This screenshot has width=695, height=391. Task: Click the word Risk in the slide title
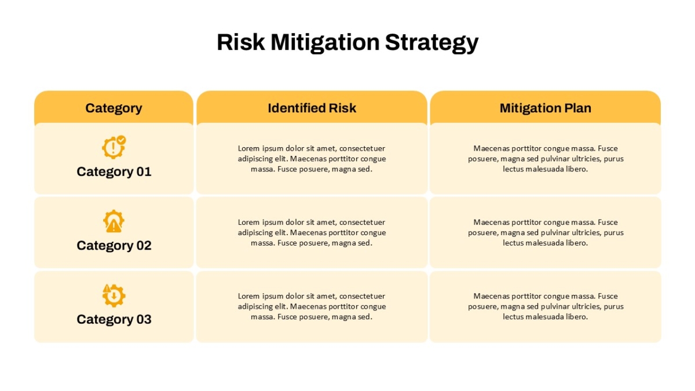pyautogui.click(x=241, y=42)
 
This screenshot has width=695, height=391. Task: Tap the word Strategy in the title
pyautogui.click(x=431, y=43)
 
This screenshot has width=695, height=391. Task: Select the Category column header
pyautogui.click(x=114, y=108)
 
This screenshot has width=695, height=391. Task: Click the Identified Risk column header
pyautogui.click(x=312, y=108)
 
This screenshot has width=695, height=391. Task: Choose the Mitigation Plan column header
pyautogui.click(x=545, y=108)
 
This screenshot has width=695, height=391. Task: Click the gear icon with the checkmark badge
pyautogui.click(x=114, y=147)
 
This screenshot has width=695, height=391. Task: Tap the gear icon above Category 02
pyautogui.click(x=114, y=221)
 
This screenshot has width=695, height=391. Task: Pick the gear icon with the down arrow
pyautogui.click(x=114, y=295)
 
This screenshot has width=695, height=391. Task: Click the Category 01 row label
pyautogui.click(x=114, y=172)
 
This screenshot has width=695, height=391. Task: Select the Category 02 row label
pyautogui.click(x=114, y=246)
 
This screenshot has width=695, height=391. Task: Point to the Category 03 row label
pyautogui.click(x=114, y=320)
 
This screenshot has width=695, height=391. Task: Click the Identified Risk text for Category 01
pyautogui.click(x=312, y=159)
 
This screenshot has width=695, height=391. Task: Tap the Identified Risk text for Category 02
pyautogui.click(x=312, y=232)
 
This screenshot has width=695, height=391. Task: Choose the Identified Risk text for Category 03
pyautogui.click(x=312, y=306)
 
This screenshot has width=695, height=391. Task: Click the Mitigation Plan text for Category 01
pyautogui.click(x=546, y=159)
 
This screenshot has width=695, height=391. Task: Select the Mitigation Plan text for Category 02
pyautogui.click(x=546, y=232)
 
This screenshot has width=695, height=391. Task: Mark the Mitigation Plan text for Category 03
pyautogui.click(x=546, y=306)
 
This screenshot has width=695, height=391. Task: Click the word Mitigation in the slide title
pyautogui.click(x=325, y=43)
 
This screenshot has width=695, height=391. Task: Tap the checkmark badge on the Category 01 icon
pyautogui.click(x=121, y=140)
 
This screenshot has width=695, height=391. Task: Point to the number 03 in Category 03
pyautogui.click(x=144, y=319)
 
